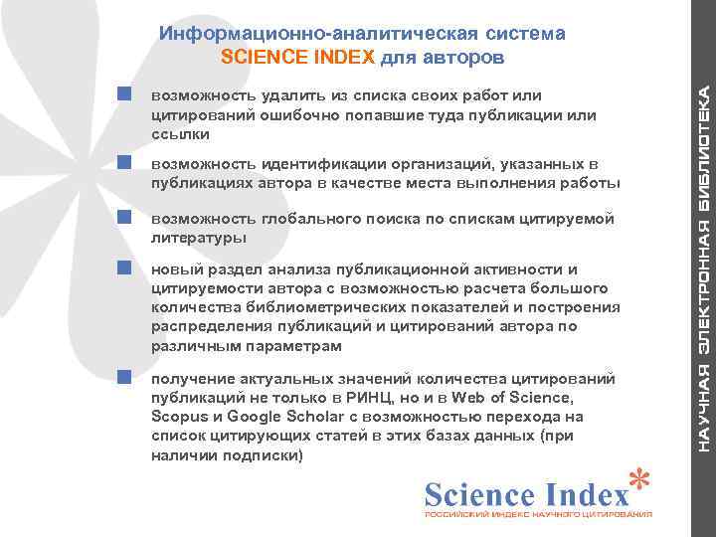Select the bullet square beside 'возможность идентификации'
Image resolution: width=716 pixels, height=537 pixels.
[x=124, y=161]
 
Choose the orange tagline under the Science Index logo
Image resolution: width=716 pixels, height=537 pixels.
[x=538, y=516]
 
